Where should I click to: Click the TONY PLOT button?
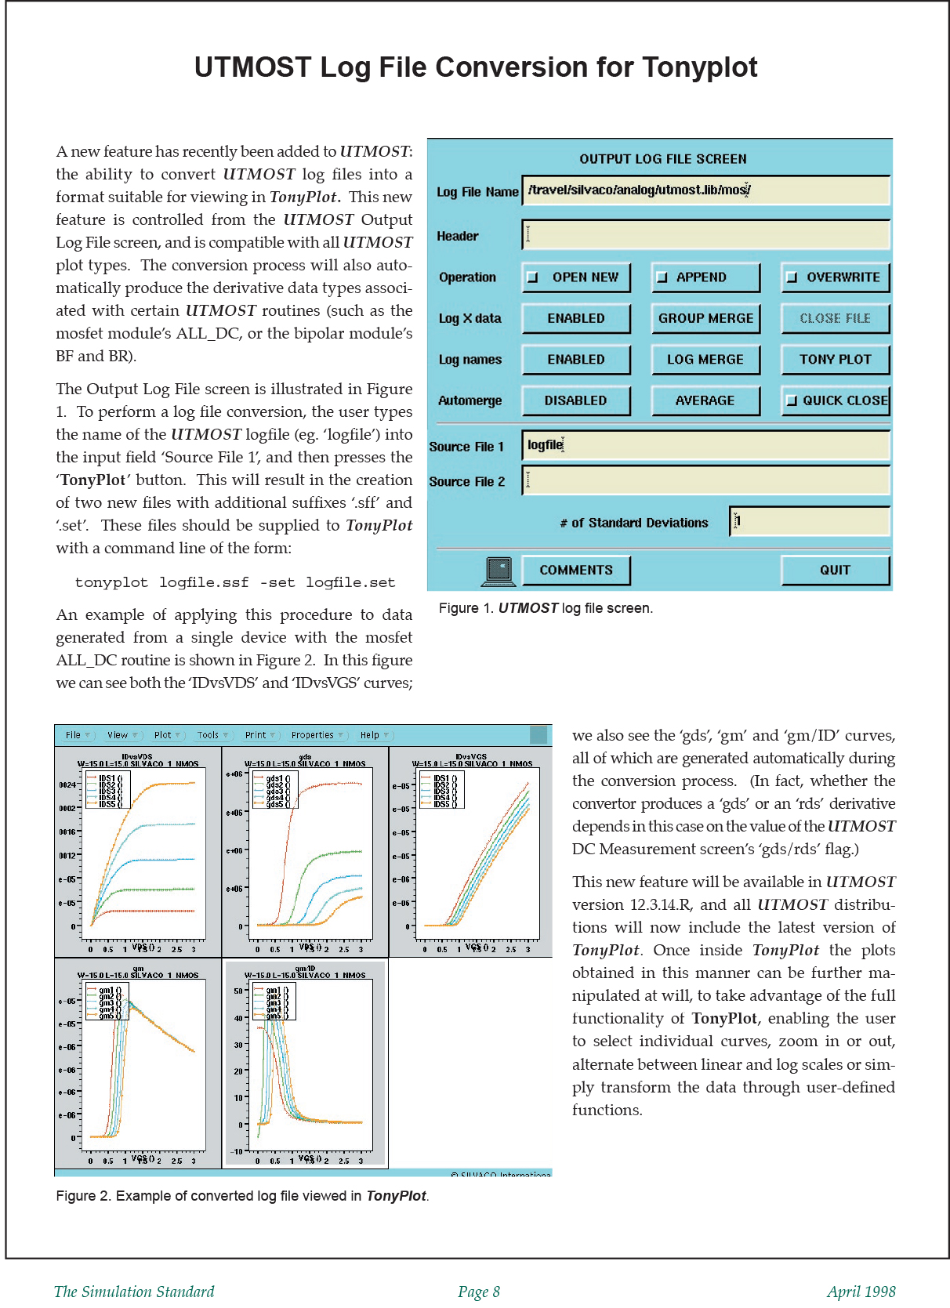pyautogui.click(x=835, y=360)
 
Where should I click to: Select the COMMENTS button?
pyautogui.click(x=576, y=571)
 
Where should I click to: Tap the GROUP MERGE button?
pyautogui.click(x=705, y=318)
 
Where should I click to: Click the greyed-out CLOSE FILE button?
pyautogui.click(x=835, y=318)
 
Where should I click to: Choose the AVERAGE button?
pyautogui.click(x=705, y=400)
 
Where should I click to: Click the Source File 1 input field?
pyautogui.click(x=705, y=445)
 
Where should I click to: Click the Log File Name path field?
pyautogui.click(x=705, y=190)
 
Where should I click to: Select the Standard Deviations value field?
pyautogui.click(x=810, y=521)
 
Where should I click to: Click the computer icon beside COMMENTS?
pyautogui.click(x=499, y=571)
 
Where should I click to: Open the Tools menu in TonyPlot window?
pyautogui.click(x=212, y=735)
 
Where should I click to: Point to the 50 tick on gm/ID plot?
pyautogui.click(x=238, y=991)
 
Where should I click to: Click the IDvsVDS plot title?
pyautogui.click(x=137, y=757)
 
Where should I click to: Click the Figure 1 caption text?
pyautogui.click(x=546, y=608)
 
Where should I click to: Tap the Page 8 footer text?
pyautogui.click(x=479, y=1292)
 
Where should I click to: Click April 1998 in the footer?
pyautogui.click(x=860, y=1292)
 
